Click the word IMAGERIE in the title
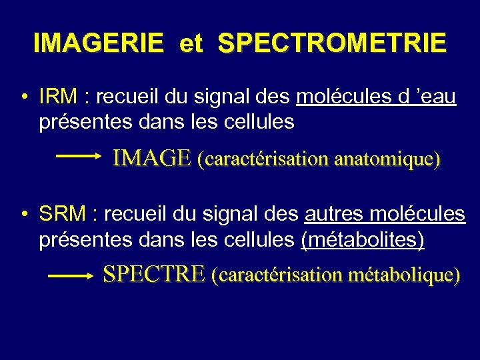(x=97, y=43)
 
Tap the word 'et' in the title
(x=191, y=43)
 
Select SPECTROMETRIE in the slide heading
(x=332, y=43)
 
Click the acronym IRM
(x=58, y=97)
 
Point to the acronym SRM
(x=62, y=214)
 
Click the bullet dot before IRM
(x=23, y=98)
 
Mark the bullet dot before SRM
(x=23, y=215)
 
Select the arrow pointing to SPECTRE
(x=69, y=275)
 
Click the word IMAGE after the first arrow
(x=152, y=158)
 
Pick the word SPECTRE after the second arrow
(x=153, y=274)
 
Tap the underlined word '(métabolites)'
(x=363, y=239)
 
